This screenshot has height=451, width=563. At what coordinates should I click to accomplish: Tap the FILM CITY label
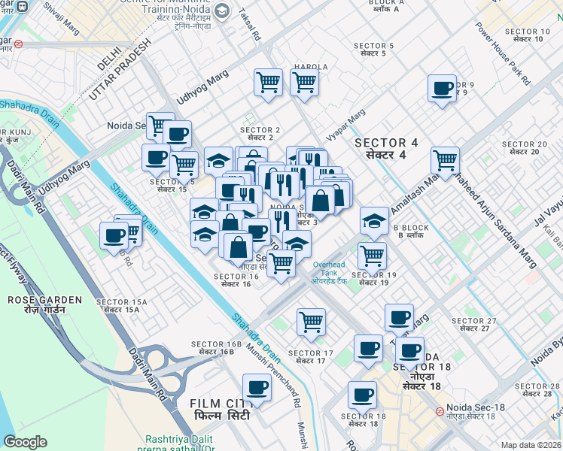[x=222, y=409]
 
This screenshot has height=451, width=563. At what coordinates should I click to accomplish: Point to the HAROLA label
[x=310, y=67]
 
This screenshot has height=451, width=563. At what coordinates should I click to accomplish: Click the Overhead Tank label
[x=330, y=271]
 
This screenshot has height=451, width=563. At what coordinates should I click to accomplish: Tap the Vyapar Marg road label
[x=345, y=124]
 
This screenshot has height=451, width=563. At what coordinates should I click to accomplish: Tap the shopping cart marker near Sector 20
[x=445, y=159]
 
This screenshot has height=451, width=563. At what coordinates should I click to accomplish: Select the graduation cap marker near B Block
[x=373, y=220]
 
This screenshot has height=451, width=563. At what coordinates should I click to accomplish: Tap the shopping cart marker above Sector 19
[x=372, y=255]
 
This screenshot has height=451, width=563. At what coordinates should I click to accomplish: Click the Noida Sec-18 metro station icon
[x=440, y=411]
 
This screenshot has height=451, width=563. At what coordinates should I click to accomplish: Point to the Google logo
[x=25, y=442]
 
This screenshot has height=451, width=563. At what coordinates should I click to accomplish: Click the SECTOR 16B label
[x=215, y=348]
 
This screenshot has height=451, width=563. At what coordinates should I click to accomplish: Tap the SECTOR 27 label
[x=473, y=325]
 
